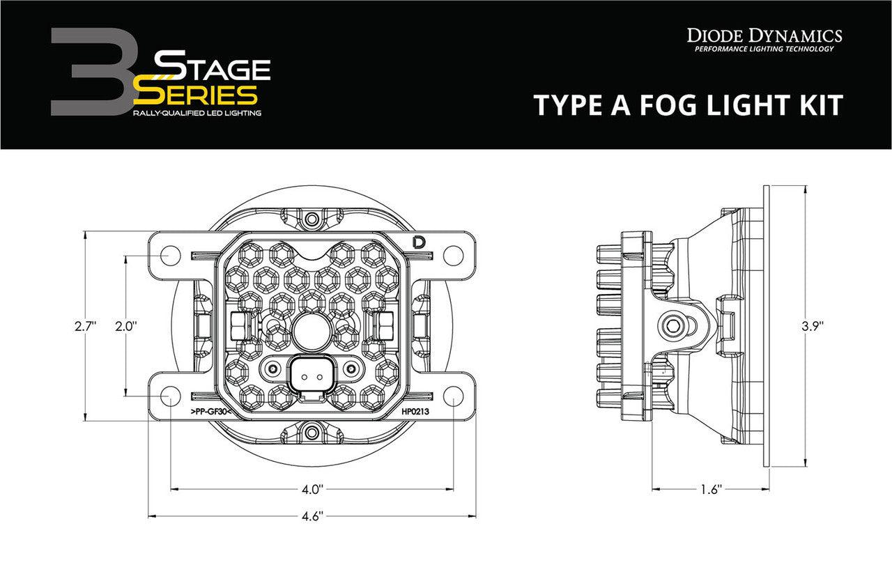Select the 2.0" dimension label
127,325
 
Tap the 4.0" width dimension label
312,490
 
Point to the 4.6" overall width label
312,516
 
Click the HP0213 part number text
415,412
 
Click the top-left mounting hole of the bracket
171,254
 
